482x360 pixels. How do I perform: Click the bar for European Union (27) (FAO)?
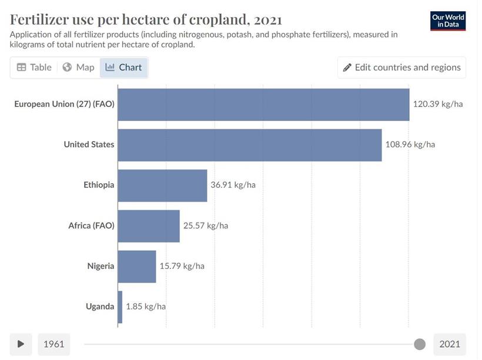pyautogui.click(x=263, y=105)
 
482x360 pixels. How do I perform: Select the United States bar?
pyautogui.click(x=250, y=144)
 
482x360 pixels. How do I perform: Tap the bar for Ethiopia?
pyautogui.click(x=163, y=186)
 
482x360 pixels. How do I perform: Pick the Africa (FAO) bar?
pyautogui.click(x=149, y=226)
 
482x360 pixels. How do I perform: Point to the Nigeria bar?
pyautogui.click(x=137, y=266)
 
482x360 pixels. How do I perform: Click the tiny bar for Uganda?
pyautogui.click(x=120, y=307)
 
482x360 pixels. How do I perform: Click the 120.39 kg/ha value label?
pyautogui.click(x=438, y=105)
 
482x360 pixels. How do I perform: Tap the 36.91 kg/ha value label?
pyautogui.click(x=233, y=185)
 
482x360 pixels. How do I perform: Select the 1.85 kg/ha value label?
pyautogui.click(x=146, y=307)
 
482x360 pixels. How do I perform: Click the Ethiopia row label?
pyautogui.click(x=99, y=185)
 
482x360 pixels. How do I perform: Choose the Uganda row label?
pyautogui.click(x=100, y=307)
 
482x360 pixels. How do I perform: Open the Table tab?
pyautogui.click(x=34, y=68)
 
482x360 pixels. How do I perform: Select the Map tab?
pyautogui.click(x=79, y=68)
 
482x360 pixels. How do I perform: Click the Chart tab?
pyautogui.click(x=123, y=68)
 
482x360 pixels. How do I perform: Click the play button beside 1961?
pyautogui.click(x=21, y=344)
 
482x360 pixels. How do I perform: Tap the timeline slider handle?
pyautogui.click(x=420, y=344)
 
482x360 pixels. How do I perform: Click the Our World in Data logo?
pyautogui.click(x=448, y=21)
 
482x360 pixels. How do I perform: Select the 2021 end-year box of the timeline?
pyautogui.click(x=450, y=344)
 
